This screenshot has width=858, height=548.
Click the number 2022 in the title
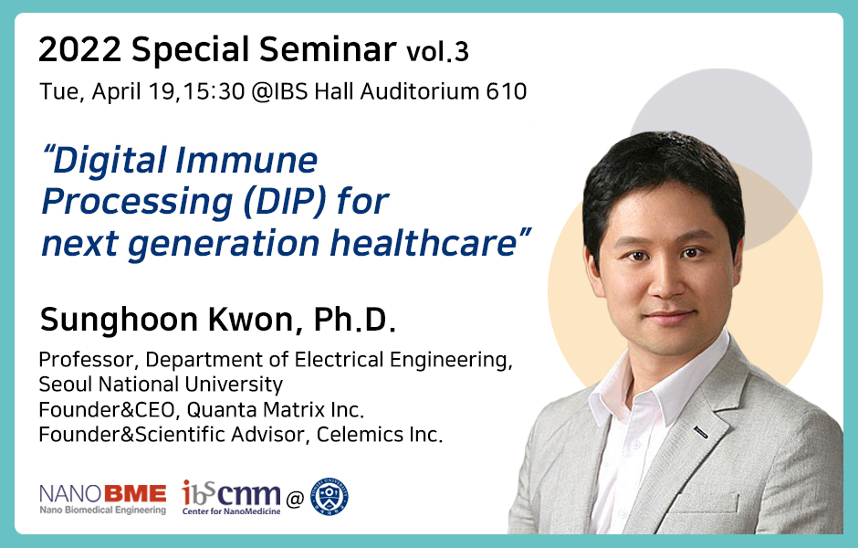80,49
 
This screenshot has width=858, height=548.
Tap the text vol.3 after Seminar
437,51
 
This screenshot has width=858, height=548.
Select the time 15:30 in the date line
214,91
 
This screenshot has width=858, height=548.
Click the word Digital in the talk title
109,161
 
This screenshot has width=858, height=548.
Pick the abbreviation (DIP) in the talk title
285,202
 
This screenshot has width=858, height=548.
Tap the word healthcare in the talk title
424,243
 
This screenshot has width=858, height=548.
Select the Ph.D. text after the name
354,319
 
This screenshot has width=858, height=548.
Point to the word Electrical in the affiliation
339,360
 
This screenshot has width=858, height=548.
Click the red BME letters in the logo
134,494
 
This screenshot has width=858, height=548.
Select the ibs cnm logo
232,497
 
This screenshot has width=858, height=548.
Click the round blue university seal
330,497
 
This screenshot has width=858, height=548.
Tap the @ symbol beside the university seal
295,500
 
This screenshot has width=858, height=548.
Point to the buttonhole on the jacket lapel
702,433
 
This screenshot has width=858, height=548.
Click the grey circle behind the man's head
766,110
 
